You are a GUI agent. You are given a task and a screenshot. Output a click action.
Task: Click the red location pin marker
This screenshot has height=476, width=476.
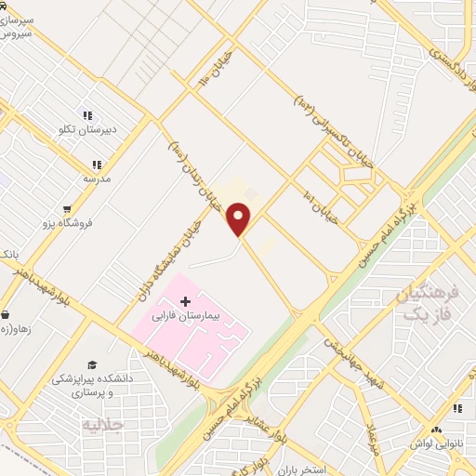(239, 218)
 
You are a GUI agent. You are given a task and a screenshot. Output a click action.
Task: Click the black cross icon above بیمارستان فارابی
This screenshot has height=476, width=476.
(185, 301)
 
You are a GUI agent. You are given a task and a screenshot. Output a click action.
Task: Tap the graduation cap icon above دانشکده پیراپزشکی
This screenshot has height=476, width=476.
(92, 364)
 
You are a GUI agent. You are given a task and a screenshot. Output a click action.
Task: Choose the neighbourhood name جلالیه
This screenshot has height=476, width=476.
(103, 426)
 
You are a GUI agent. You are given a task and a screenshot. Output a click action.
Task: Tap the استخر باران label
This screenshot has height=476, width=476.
(324, 469)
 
